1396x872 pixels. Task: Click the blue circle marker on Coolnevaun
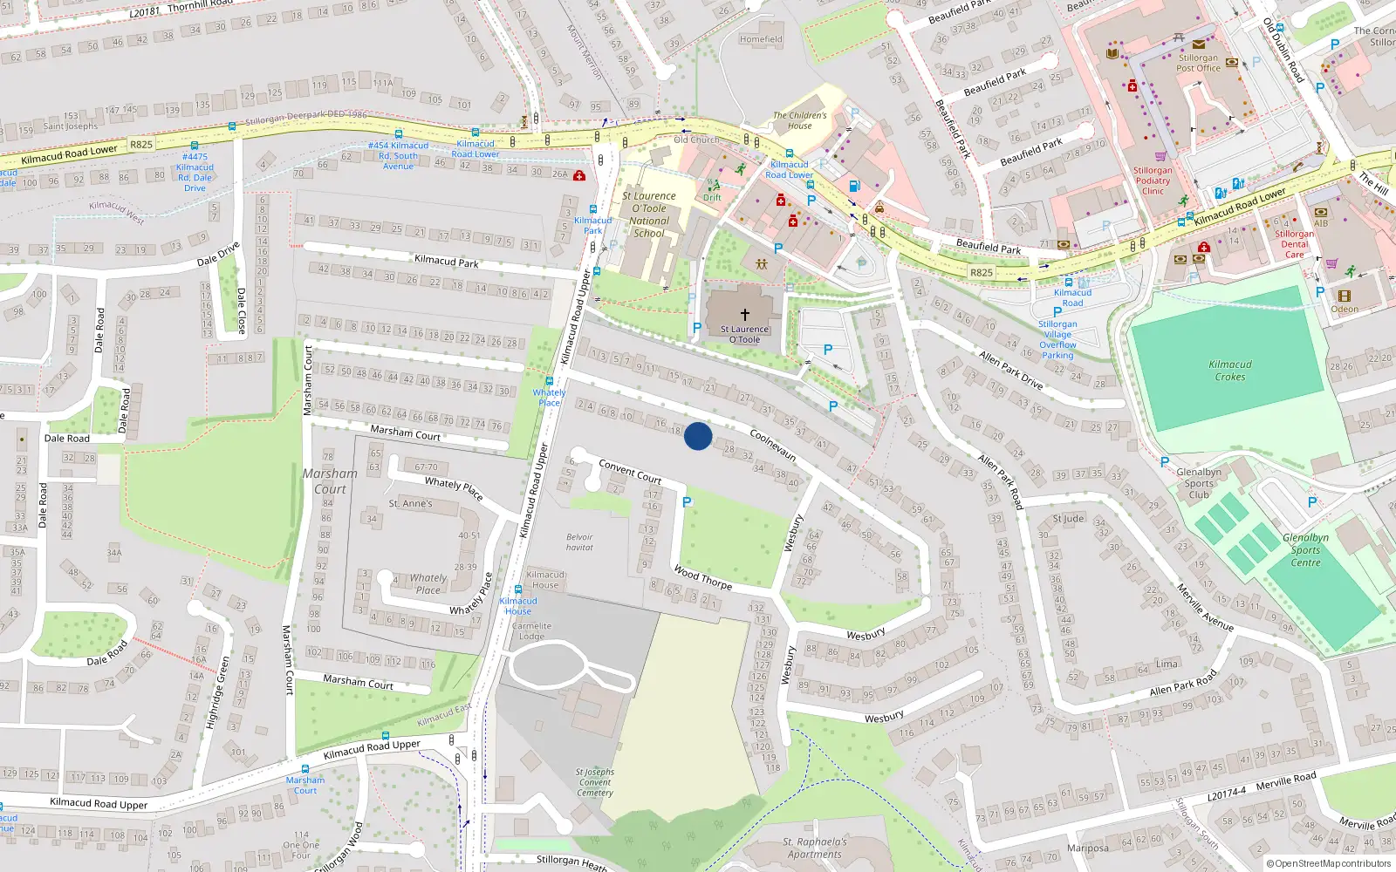(x=698, y=436)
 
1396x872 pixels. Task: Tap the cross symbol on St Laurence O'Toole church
(x=744, y=314)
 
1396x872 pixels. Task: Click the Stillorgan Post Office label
(x=1198, y=63)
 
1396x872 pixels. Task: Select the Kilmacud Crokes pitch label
(x=1230, y=371)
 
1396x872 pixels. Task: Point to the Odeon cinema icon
(x=1344, y=296)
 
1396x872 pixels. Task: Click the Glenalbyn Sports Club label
(x=1199, y=483)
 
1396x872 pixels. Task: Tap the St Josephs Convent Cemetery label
(x=594, y=782)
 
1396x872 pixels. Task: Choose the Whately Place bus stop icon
(x=549, y=381)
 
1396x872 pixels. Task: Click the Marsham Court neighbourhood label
(x=330, y=480)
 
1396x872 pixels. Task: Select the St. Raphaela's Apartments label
(x=814, y=848)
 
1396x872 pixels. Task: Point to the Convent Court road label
(x=630, y=472)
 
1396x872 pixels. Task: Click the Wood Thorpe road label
(x=702, y=578)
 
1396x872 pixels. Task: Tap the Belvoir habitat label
(x=579, y=542)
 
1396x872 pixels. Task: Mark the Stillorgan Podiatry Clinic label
(x=1153, y=181)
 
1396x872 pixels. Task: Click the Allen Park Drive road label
(x=1010, y=370)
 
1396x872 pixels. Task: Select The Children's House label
(x=799, y=120)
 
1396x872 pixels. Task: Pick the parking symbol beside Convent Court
(x=688, y=502)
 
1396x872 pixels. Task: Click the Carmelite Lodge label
(x=531, y=630)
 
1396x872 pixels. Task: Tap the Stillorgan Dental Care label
(x=1294, y=244)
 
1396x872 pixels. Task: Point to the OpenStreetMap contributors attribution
(x=1329, y=863)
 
